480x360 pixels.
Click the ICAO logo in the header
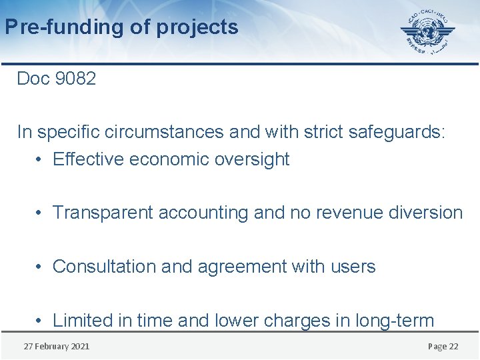pyautogui.click(x=427, y=32)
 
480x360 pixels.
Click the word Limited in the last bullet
pyautogui.click(x=83, y=321)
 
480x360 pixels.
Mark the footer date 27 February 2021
pyautogui.click(x=57, y=346)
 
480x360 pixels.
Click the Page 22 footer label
pyautogui.click(x=443, y=346)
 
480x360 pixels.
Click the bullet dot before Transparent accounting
pyautogui.click(x=40, y=213)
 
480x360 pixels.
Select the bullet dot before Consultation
pyautogui.click(x=40, y=267)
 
